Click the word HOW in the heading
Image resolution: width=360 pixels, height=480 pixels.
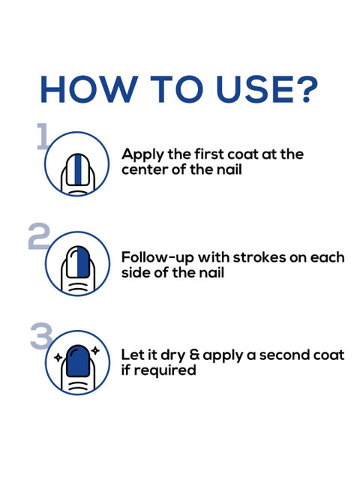click(x=89, y=89)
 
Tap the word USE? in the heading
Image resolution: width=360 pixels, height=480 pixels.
click(x=267, y=89)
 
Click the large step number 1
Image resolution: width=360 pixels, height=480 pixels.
click(x=42, y=136)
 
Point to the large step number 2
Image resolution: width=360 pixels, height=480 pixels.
click(x=39, y=236)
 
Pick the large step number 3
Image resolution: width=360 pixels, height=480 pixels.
click(x=42, y=336)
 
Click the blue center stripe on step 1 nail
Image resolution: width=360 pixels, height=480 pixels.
click(x=78, y=170)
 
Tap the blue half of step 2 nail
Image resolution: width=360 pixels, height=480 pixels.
click(x=83, y=262)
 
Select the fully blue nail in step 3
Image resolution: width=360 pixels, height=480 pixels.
click(x=78, y=361)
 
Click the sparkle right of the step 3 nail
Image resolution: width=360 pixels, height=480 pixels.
click(x=95, y=350)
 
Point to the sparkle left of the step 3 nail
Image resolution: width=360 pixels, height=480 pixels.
click(x=58, y=357)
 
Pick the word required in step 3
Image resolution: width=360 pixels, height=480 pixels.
click(x=165, y=370)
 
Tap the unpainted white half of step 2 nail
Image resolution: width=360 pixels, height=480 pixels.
click(x=72, y=262)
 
